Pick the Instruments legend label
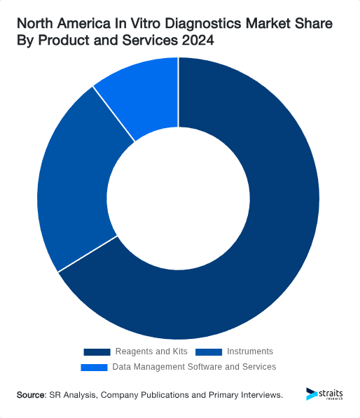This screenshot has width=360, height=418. coord(250,351)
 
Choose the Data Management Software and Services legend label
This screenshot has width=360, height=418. coord(194,367)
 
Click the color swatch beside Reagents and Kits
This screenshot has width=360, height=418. coord(97,351)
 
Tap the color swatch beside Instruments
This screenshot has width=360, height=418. coord(209,351)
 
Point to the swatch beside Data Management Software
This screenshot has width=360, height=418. coord(94,367)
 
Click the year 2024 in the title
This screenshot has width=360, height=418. coord(198,42)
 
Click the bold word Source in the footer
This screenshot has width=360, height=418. coord(31,396)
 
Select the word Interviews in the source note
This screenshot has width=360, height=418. coord(260,396)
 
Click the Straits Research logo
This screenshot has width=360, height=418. coord(326,394)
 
